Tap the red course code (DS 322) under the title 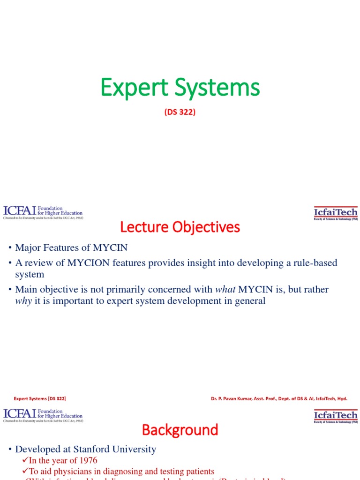pos(180,112)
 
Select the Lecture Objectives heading pos(180,227)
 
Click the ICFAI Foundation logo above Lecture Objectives pos(43,212)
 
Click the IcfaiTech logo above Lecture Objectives pos(336,213)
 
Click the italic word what pos(225,289)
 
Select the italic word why pos(23,301)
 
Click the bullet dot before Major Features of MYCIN pos(10,248)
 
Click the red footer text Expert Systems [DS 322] pos(40,398)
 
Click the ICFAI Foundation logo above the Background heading pos(43,415)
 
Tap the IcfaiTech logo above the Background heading pos(336,416)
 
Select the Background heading pos(180,430)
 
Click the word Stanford pos(96,449)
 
